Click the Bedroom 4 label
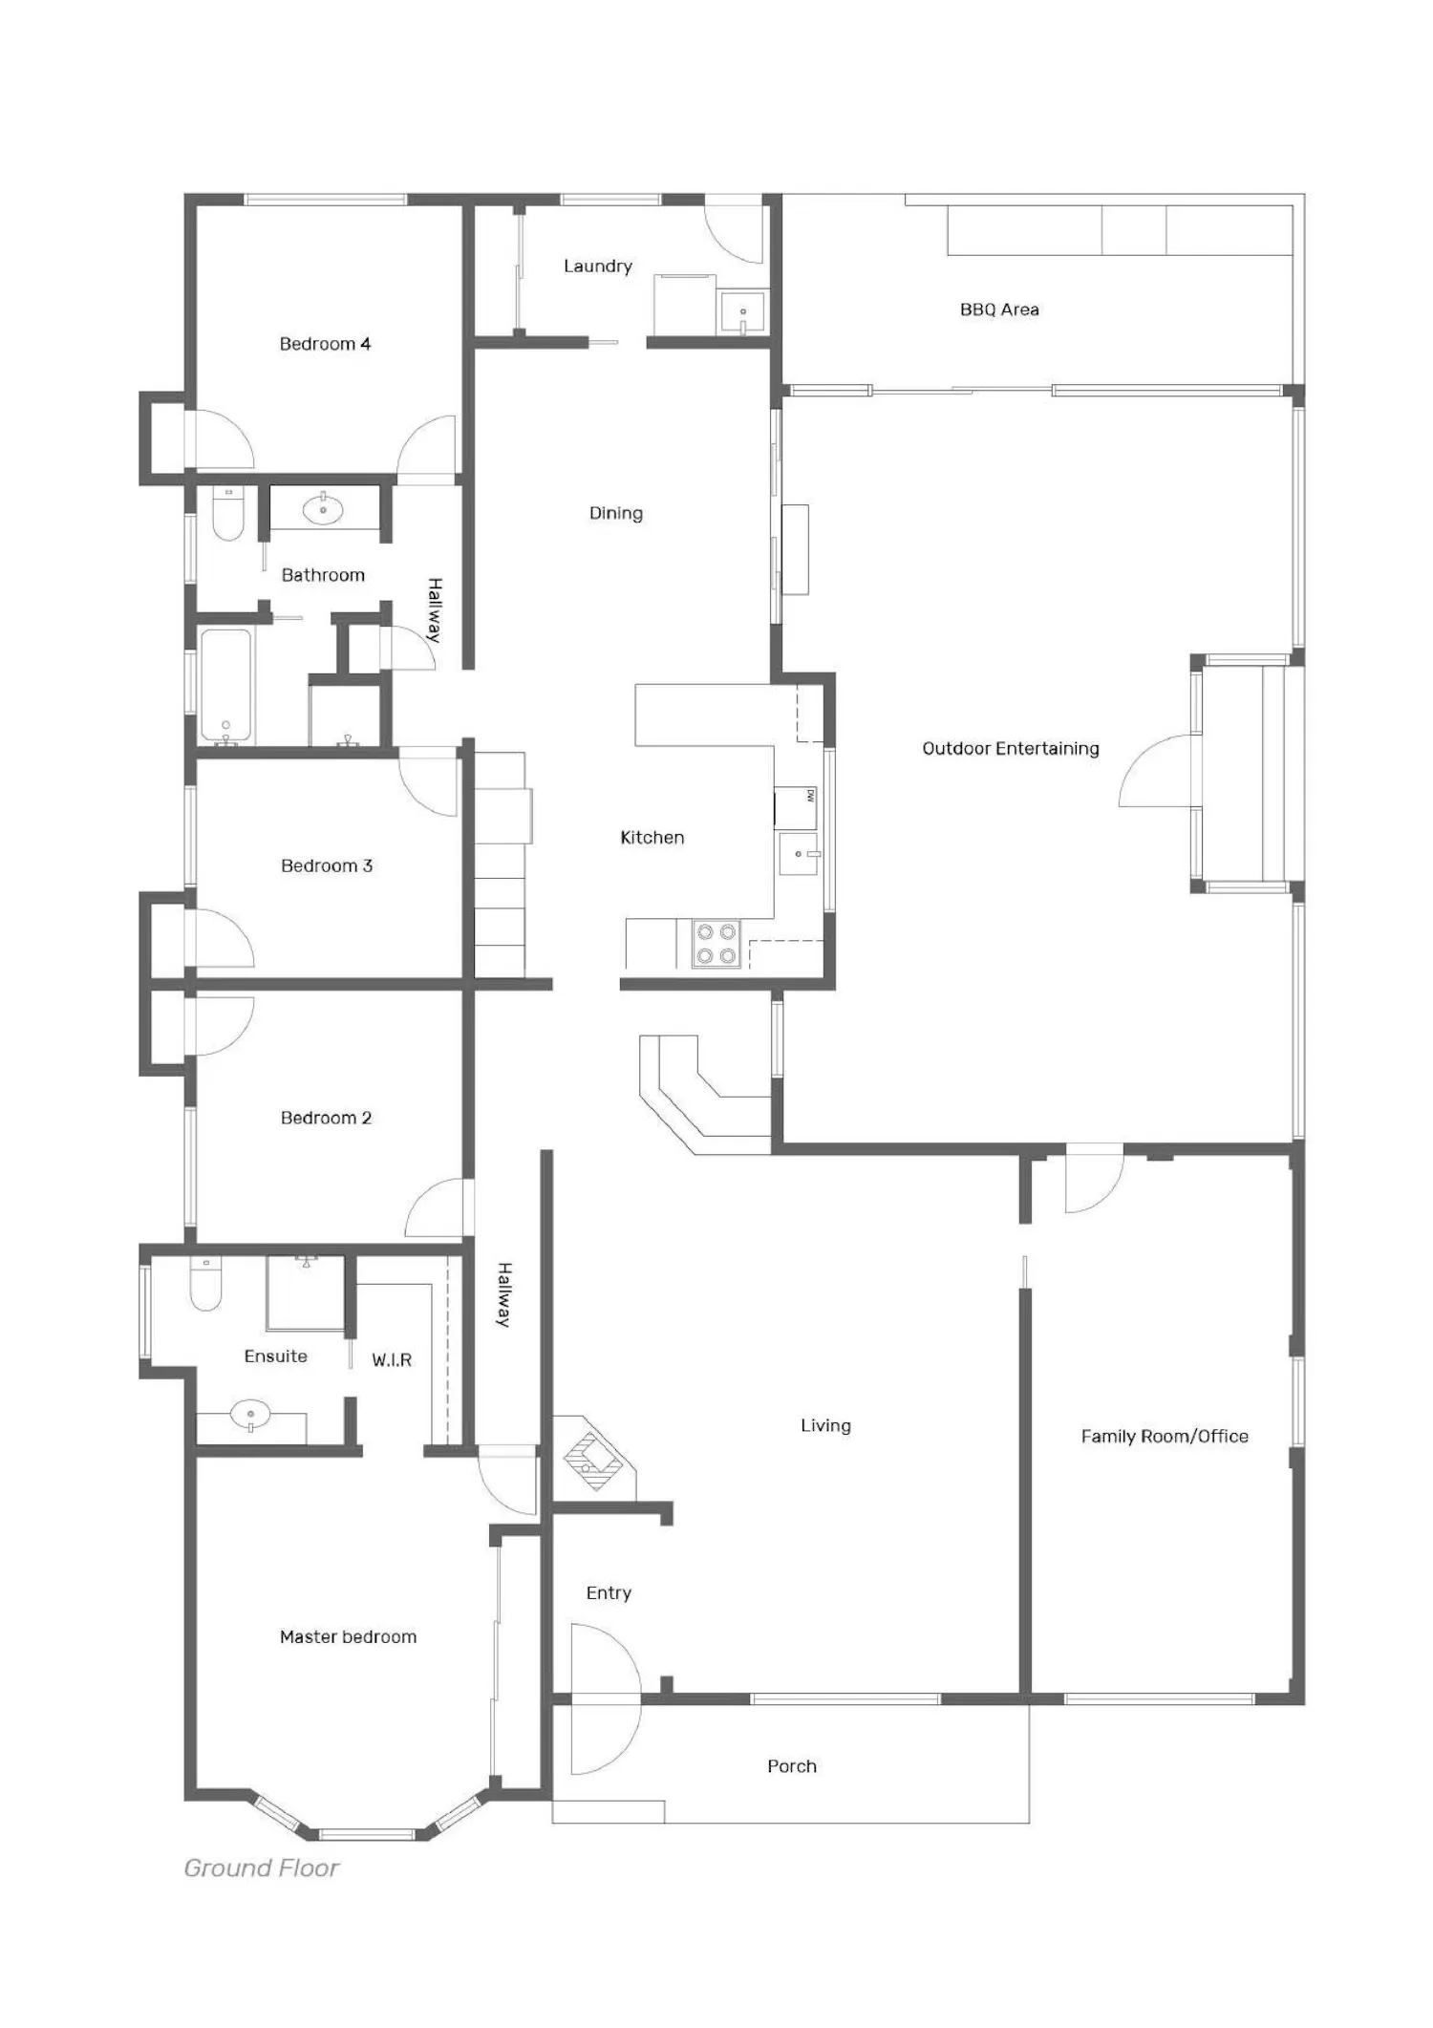point(325,344)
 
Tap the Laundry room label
point(598,267)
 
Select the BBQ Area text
point(999,310)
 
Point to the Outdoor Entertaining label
point(1011,749)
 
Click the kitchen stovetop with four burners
point(716,944)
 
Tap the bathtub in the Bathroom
point(226,685)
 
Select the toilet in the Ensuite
point(205,1284)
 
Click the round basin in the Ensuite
point(250,1414)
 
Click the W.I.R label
point(392,1360)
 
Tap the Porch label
point(792,1766)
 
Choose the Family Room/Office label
point(1165,1437)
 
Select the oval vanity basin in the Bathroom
point(323,509)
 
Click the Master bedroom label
point(348,1637)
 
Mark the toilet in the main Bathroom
point(227,515)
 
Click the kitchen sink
point(798,854)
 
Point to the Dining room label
point(616,514)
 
